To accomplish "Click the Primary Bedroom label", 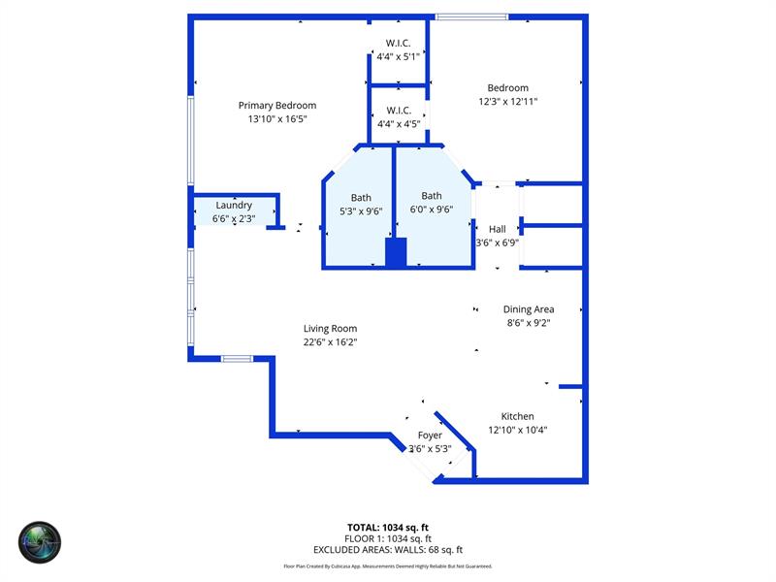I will (x=276, y=106).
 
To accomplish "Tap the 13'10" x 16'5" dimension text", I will (x=276, y=119).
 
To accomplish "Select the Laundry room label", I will (x=234, y=205).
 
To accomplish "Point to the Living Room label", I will (x=330, y=329).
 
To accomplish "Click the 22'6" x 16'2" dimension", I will (x=330, y=341).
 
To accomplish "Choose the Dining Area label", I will (x=529, y=309).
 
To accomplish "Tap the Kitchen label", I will (x=517, y=416).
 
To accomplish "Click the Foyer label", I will (x=430, y=436).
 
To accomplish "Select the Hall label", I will (x=497, y=229).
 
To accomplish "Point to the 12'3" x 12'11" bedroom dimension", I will (x=507, y=101).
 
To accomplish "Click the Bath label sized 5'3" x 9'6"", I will (x=361, y=198).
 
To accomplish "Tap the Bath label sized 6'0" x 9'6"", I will (x=432, y=196).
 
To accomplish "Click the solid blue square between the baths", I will (x=396, y=253).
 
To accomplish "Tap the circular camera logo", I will (x=40, y=542).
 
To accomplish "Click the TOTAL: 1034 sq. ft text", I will (x=387, y=528).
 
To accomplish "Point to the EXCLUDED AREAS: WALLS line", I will (x=387, y=549).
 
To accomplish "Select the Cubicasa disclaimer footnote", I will (x=387, y=566).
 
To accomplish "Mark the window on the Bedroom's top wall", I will (x=471, y=16).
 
